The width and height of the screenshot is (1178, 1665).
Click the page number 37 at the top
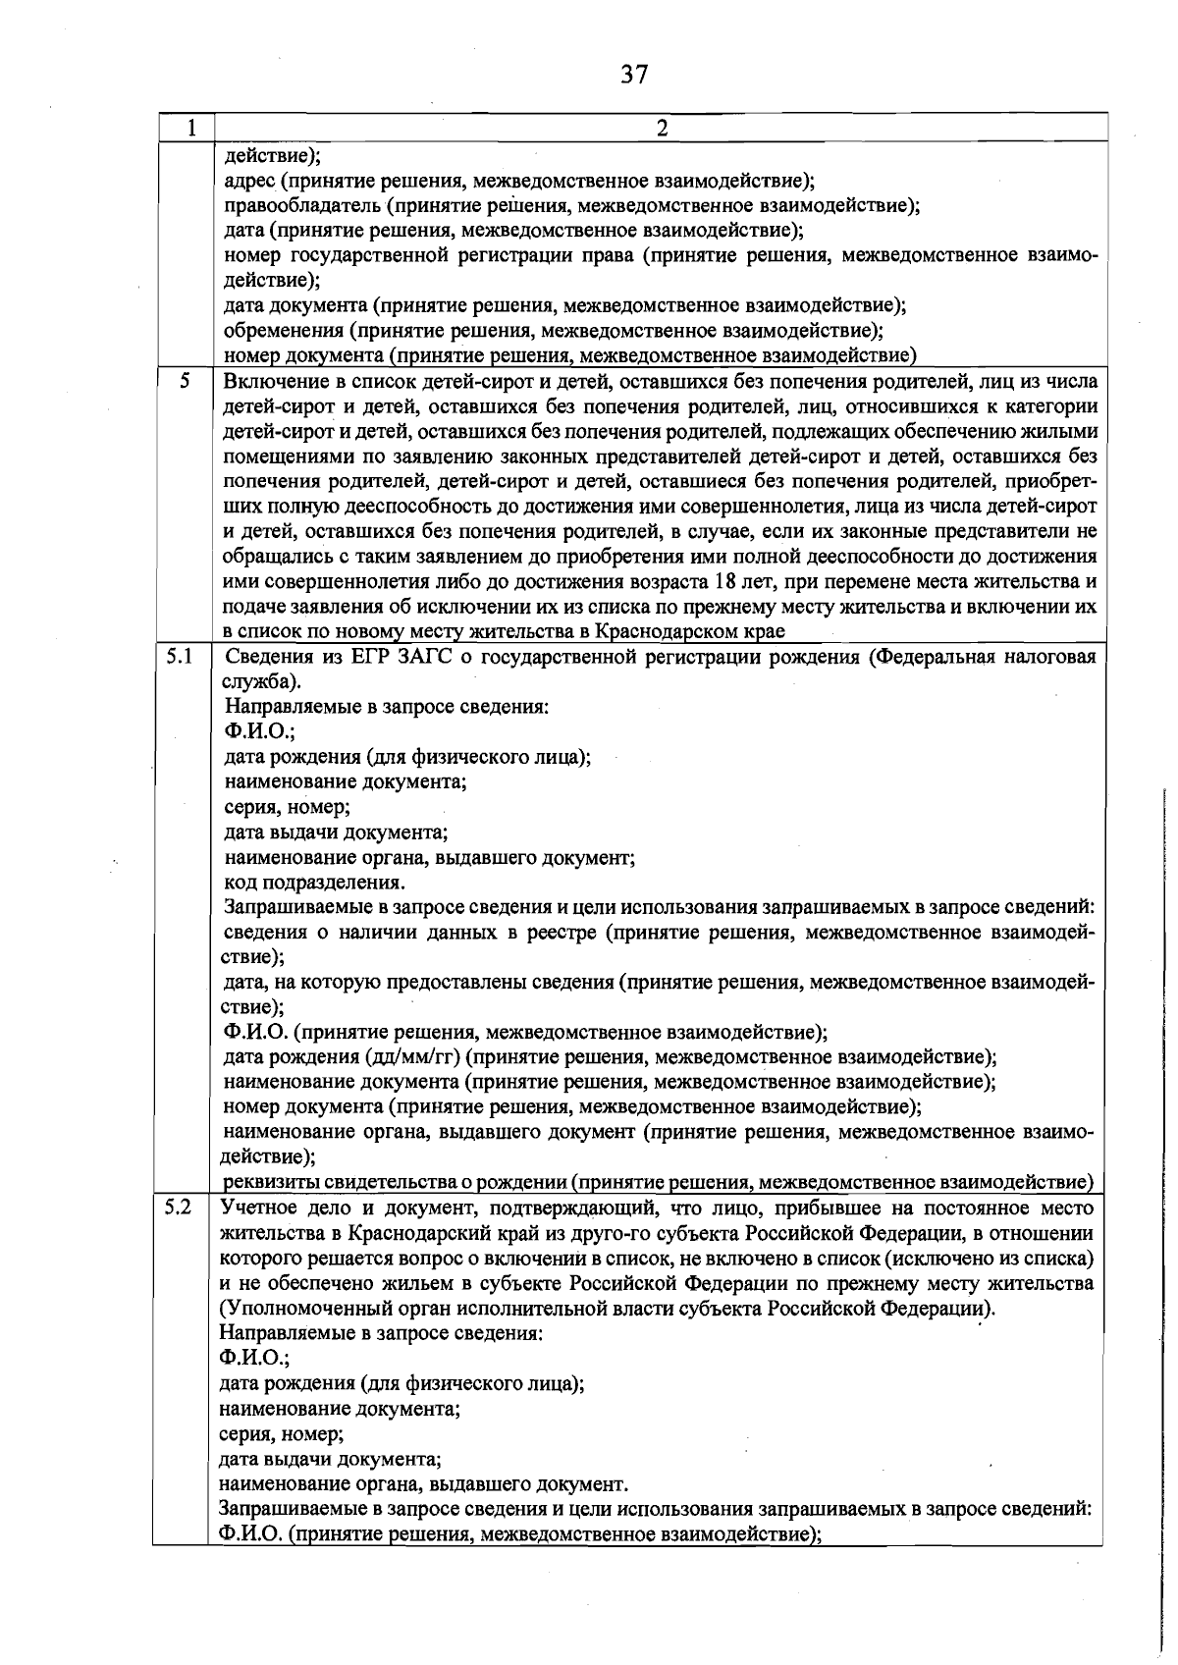[x=634, y=75]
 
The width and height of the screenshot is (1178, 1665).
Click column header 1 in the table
[x=190, y=128]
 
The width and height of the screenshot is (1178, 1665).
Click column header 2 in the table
[x=662, y=128]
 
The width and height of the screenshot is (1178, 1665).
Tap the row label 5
[x=184, y=379]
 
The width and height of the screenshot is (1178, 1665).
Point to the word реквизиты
[x=271, y=1182]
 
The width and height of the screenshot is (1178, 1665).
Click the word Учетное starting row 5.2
[x=257, y=1208]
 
